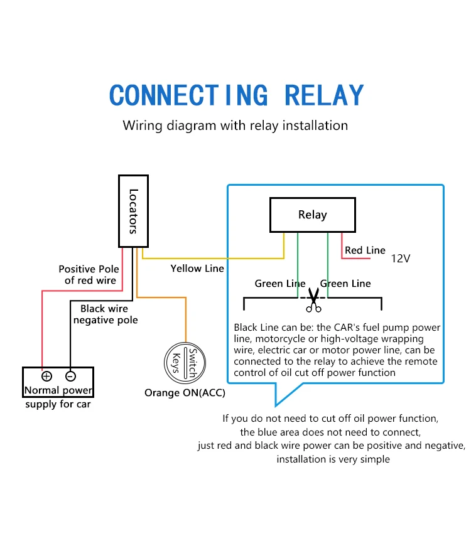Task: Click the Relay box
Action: tap(312, 215)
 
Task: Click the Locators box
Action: tap(133, 211)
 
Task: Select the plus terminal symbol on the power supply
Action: tap(46, 377)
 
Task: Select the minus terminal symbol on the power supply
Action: tap(70, 377)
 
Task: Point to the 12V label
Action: tap(401, 258)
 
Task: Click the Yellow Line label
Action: tap(197, 269)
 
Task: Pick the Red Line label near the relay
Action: tap(365, 250)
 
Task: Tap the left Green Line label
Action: tap(280, 284)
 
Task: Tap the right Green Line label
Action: tap(345, 284)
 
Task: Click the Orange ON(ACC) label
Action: tap(185, 393)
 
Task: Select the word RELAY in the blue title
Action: tap(324, 95)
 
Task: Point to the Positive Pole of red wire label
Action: tap(89, 275)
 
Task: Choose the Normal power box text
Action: tap(58, 390)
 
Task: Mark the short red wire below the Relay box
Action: tap(342, 246)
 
